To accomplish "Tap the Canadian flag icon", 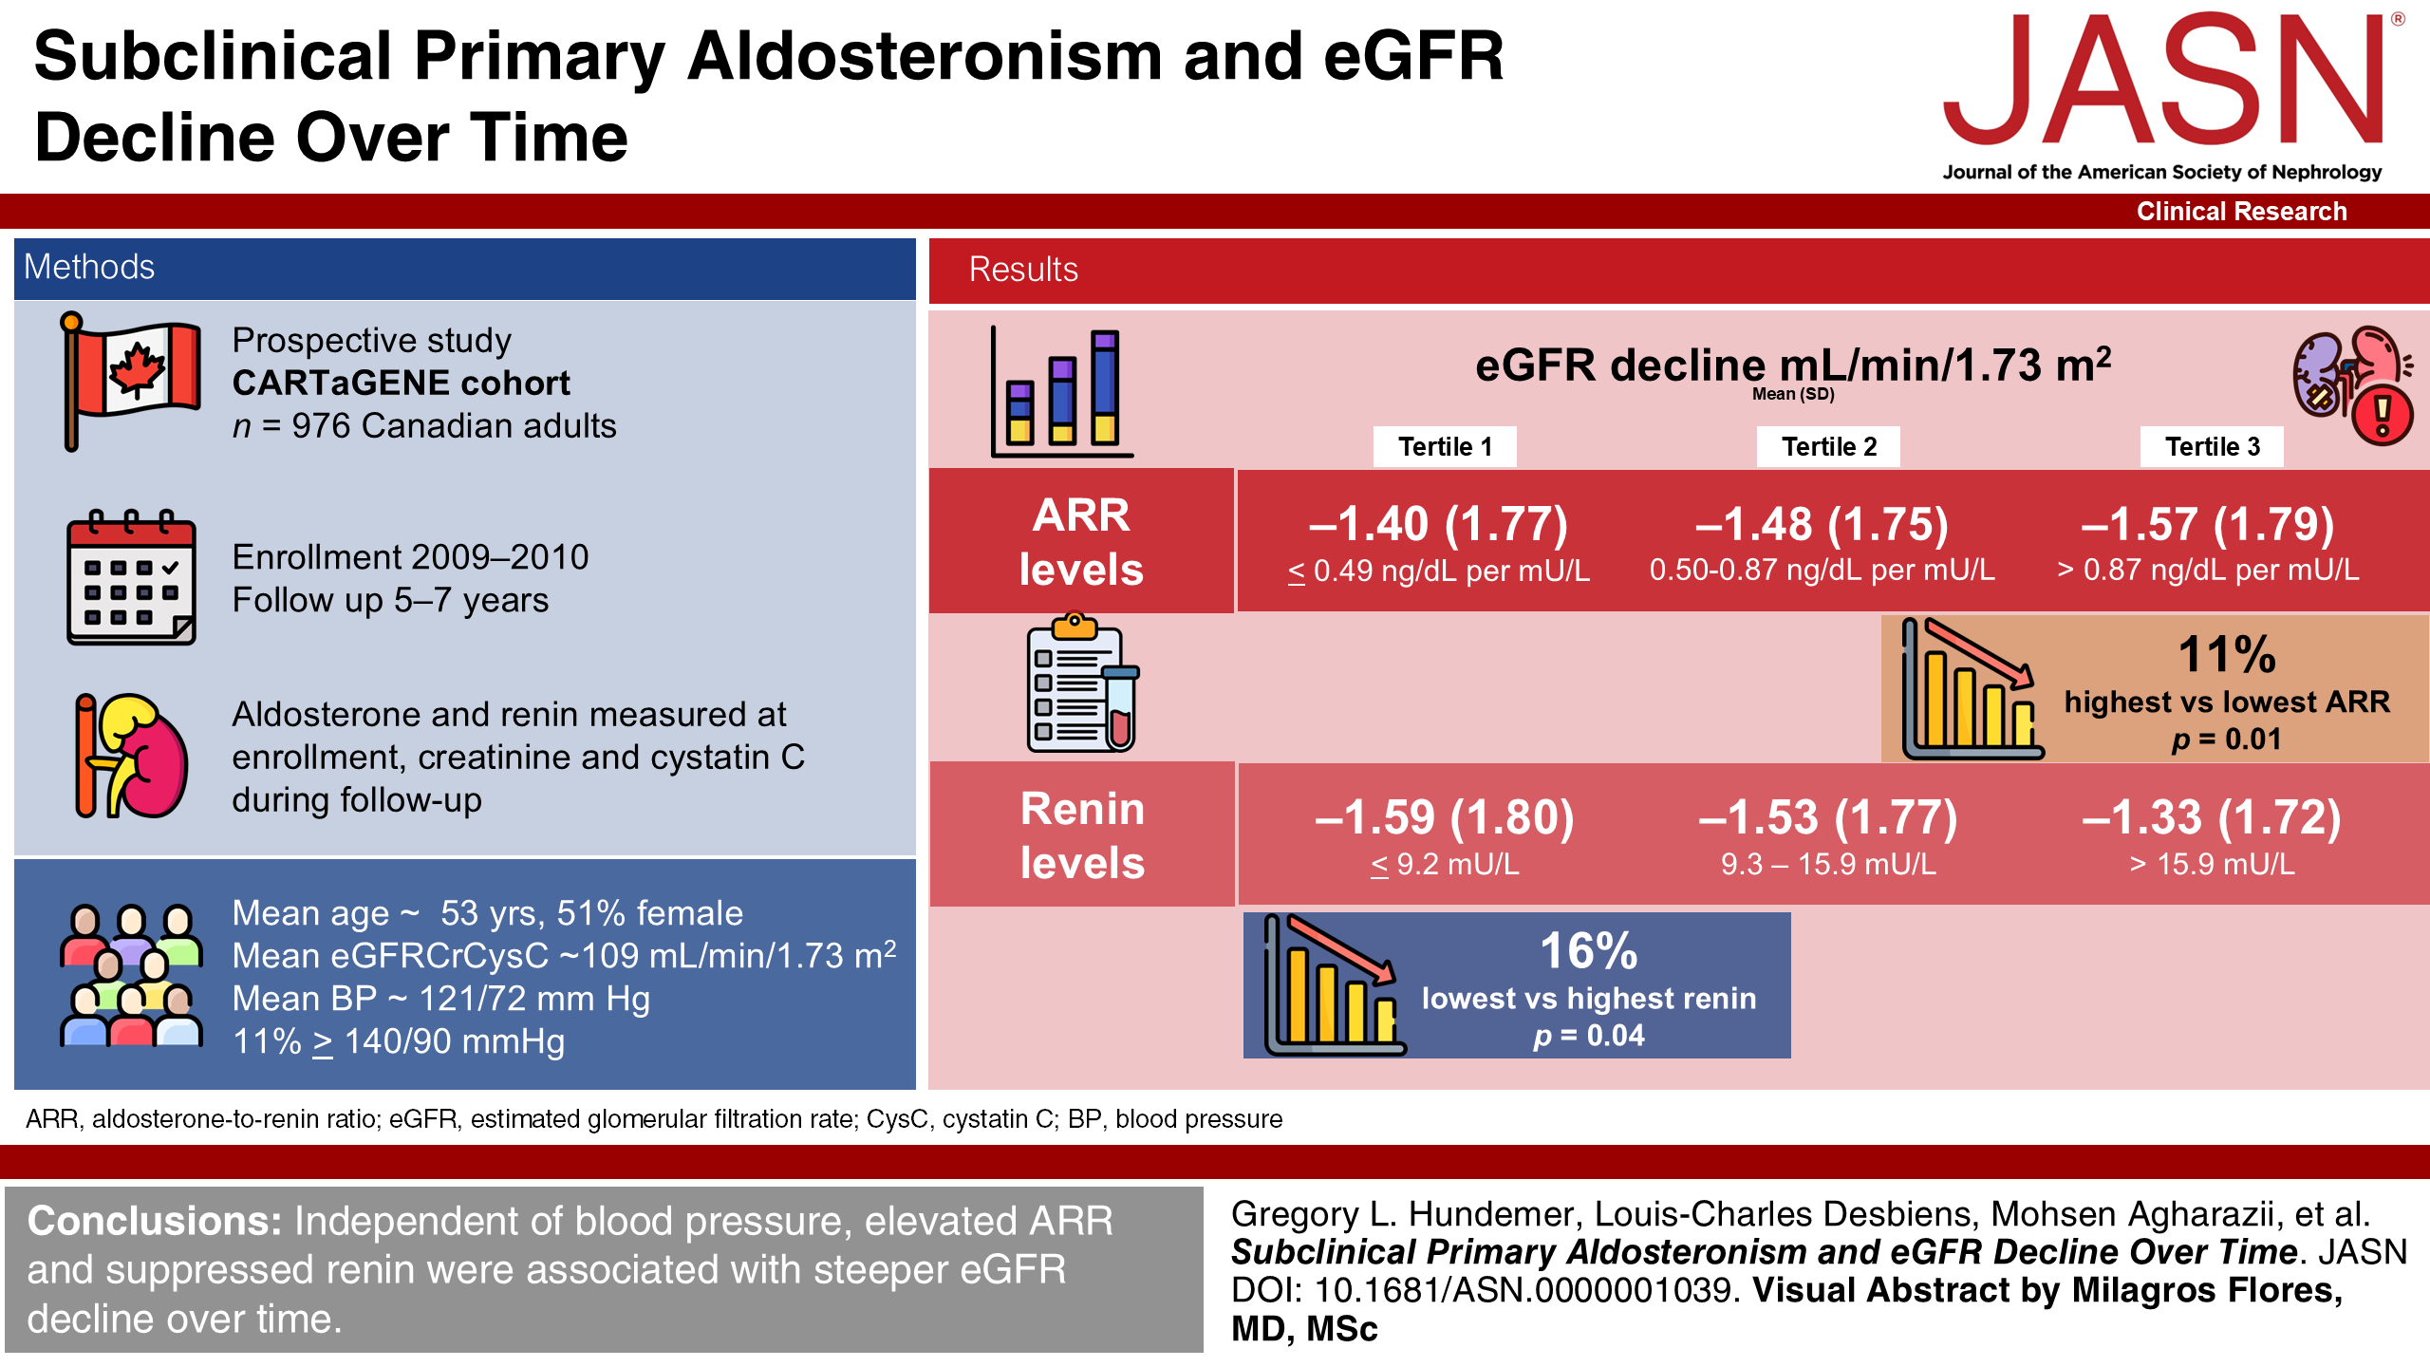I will (x=131, y=381).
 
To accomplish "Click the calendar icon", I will (x=131, y=578).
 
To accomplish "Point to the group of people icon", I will (x=131, y=975).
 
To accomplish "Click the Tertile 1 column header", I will (x=1444, y=446).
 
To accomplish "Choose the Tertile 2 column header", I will (x=1828, y=446).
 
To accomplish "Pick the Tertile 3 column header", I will (x=2212, y=446).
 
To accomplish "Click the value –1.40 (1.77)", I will (x=1438, y=524).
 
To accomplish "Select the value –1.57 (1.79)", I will (x=2207, y=524).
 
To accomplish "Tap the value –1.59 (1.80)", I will (x=1444, y=817).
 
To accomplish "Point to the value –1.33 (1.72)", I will (x=2211, y=817).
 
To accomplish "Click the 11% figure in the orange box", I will (x=2227, y=654).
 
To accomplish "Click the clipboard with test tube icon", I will (x=1082, y=685).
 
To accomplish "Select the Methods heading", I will (x=89, y=268).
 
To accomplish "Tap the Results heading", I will (x=1023, y=271).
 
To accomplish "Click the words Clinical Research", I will (x=2241, y=211).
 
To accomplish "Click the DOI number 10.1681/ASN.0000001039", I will (x=1524, y=1290).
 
